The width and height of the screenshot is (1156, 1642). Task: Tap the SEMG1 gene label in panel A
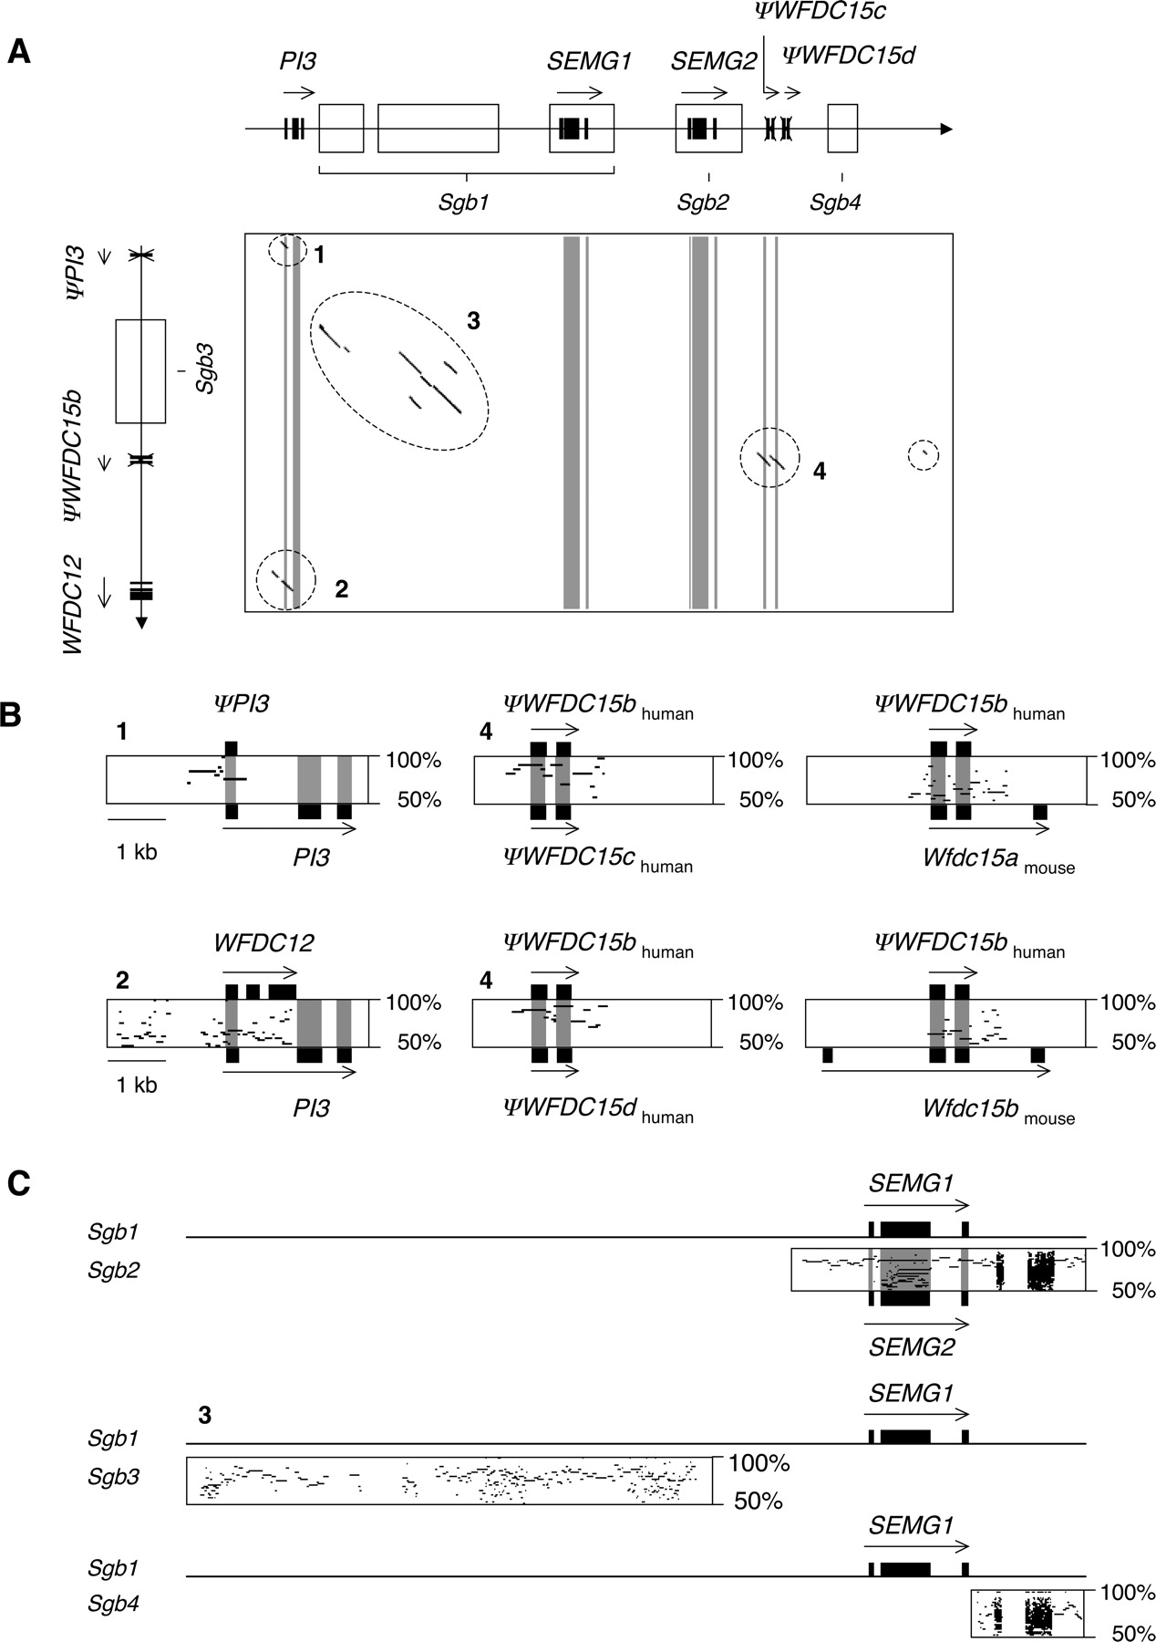coord(589,62)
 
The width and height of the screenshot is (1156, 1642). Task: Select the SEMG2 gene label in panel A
coord(713,62)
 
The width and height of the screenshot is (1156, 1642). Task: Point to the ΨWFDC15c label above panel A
coord(820,12)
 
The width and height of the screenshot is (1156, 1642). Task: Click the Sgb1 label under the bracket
coord(464,203)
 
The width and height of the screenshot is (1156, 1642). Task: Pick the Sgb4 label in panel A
coord(835,203)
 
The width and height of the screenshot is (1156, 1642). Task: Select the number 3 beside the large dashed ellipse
coord(473,320)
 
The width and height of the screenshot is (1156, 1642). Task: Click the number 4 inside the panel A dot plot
coord(820,471)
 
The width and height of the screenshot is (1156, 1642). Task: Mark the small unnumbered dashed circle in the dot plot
coord(924,455)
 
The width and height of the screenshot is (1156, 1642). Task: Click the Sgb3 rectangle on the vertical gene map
coord(140,370)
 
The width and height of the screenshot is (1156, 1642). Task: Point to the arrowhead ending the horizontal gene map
coord(946,130)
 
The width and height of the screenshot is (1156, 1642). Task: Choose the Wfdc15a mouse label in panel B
coord(998,859)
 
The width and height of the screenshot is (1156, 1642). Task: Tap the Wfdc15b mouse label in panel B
coord(998,1109)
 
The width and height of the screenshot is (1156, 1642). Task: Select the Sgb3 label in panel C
coord(114,1475)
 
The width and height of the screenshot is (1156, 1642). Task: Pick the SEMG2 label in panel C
coord(911,1346)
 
